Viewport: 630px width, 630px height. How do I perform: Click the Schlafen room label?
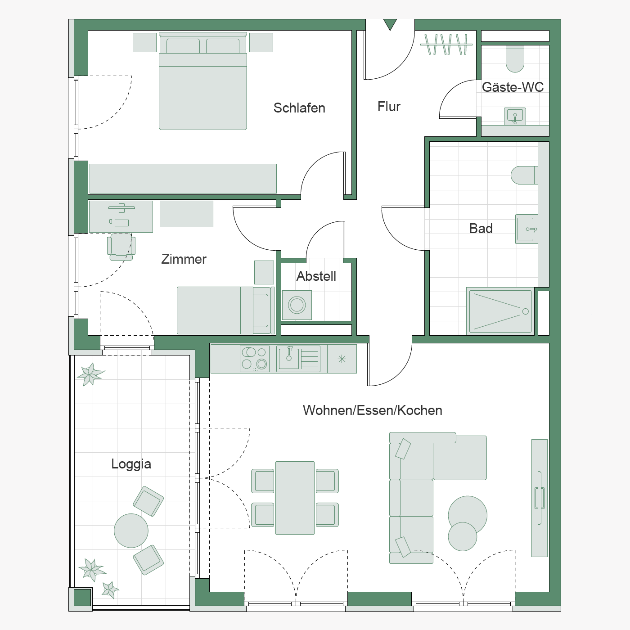pos(299,108)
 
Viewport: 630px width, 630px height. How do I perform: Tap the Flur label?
pos(389,107)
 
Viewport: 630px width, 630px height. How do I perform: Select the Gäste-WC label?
pos(513,87)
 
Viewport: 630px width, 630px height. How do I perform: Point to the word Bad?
pos(481,229)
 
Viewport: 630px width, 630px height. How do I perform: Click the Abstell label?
pos(316,276)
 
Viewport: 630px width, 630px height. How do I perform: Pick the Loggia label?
pos(131,464)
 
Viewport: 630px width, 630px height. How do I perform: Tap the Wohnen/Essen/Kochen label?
pos(373,410)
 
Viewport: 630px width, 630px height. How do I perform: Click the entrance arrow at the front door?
pos(390,24)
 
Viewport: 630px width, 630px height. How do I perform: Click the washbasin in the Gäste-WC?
pos(515,117)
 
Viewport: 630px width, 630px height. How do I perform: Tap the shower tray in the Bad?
pos(500,311)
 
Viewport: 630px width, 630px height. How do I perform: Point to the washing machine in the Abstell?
pos(297,305)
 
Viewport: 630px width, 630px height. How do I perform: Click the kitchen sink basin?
pos(289,358)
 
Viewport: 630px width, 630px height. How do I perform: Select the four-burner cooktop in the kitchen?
pos(255,359)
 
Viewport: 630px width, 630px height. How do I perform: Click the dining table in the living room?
pos(295,498)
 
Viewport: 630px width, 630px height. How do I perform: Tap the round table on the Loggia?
pos(131,531)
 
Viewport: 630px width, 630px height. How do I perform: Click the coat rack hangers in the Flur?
pos(446,44)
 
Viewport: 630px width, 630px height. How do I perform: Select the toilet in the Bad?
pos(524,175)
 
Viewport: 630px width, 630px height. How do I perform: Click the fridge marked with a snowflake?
pos(342,359)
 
